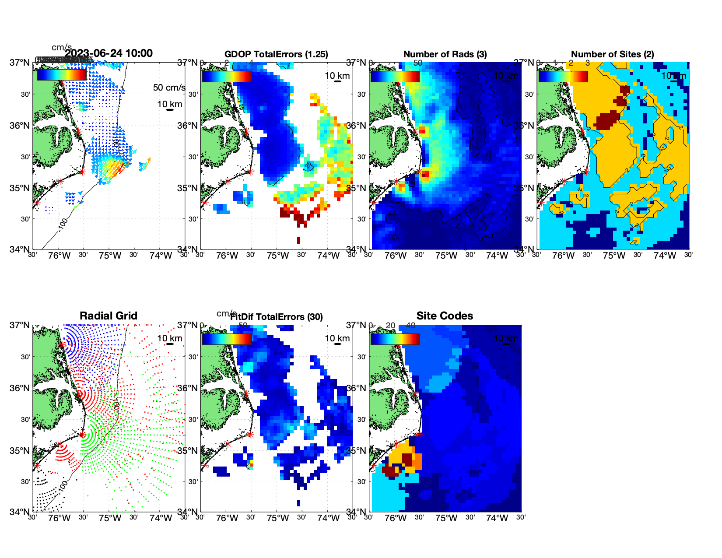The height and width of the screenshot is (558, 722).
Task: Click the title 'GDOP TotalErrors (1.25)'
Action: click(276, 54)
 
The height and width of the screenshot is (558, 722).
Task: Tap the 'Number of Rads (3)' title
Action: click(445, 54)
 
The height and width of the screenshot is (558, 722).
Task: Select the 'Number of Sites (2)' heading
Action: click(612, 54)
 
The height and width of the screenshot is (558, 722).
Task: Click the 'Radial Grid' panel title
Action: click(109, 316)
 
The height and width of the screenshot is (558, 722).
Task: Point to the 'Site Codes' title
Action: click(445, 316)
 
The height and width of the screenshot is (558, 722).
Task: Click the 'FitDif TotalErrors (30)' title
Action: click(277, 317)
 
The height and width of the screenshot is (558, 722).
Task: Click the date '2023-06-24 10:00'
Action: click(109, 53)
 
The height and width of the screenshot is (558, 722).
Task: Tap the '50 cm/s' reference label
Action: click(169, 88)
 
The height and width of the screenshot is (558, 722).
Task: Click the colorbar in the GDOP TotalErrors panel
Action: click(227, 76)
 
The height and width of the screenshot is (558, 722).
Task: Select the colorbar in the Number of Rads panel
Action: click(395, 76)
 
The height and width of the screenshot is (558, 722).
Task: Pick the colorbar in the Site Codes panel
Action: click(395, 339)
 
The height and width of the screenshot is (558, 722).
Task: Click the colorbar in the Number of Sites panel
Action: click(563, 76)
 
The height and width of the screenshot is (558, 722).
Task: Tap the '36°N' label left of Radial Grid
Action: click(20, 388)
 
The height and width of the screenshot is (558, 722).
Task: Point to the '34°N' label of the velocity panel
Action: click(20, 249)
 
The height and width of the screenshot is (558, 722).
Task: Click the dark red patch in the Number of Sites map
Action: click(608, 119)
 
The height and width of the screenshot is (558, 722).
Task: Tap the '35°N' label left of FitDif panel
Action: click(188, 451)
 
